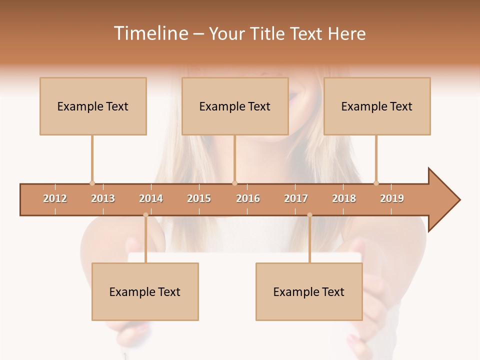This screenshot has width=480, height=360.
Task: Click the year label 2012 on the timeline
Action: [x=55, y=198]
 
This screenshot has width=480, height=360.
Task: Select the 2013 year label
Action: [x=103, y=198]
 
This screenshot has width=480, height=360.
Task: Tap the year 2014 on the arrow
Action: [x=151, y=198]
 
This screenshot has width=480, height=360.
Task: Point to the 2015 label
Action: [x=199, y=198]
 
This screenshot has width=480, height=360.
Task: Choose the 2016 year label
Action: [x=248, y=198]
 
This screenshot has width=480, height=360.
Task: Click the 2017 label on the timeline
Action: [x=296, y=198]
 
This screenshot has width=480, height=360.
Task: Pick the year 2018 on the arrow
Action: [x=344, y=198]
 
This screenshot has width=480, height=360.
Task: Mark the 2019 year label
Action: [x=392, y=198]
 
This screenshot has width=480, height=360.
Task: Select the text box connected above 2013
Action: [x=93, y=106]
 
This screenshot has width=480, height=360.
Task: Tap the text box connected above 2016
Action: [x=235, y=106]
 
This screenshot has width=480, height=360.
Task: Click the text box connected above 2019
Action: [x=377, y=106]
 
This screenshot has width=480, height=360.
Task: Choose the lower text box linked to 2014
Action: [x=145, y=292]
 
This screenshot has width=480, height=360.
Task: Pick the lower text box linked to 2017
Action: [x=309, y=292]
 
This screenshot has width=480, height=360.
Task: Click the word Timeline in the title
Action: [x=150, y=33]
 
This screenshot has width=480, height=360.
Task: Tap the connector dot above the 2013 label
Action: [x=92, y=183]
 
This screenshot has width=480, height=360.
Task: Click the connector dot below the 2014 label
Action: [x=145, y=215]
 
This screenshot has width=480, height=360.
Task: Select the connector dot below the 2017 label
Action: [x=309, y=215]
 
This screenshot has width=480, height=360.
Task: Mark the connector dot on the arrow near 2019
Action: [x=376, y=183]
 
